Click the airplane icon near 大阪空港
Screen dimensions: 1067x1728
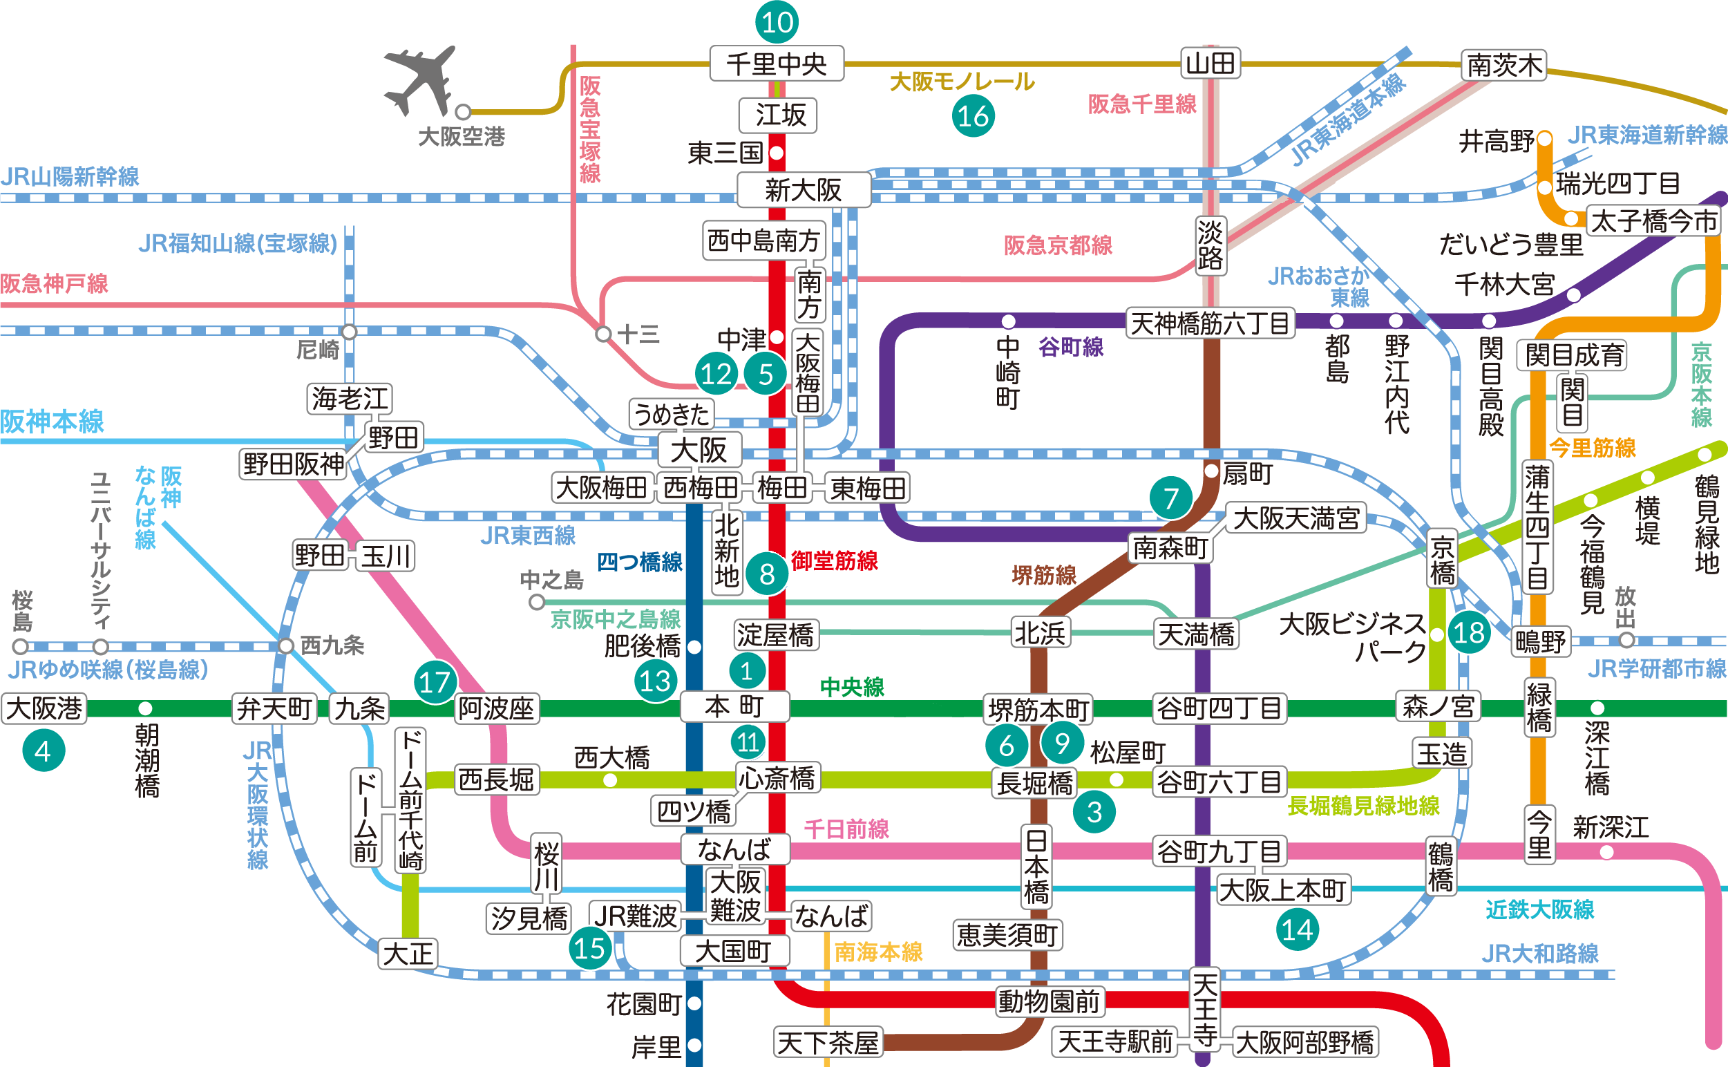419,81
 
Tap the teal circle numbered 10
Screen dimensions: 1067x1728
776,22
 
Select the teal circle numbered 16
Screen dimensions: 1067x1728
973,116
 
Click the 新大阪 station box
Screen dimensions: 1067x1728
804,190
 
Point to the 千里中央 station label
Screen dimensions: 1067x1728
776,64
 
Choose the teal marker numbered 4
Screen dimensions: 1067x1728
44,751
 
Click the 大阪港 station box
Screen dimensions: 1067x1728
44,708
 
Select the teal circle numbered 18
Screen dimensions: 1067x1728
1469,632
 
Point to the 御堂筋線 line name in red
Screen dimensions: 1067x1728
834,561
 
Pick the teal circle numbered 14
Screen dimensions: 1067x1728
1298,930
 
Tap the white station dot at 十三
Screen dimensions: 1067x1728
602,334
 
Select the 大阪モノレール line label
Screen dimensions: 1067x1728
962,82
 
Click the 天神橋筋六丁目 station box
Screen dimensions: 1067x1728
1209,324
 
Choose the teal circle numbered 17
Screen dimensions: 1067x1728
435,681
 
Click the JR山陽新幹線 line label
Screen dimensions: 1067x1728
70,176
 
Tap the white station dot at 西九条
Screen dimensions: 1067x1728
286,645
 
